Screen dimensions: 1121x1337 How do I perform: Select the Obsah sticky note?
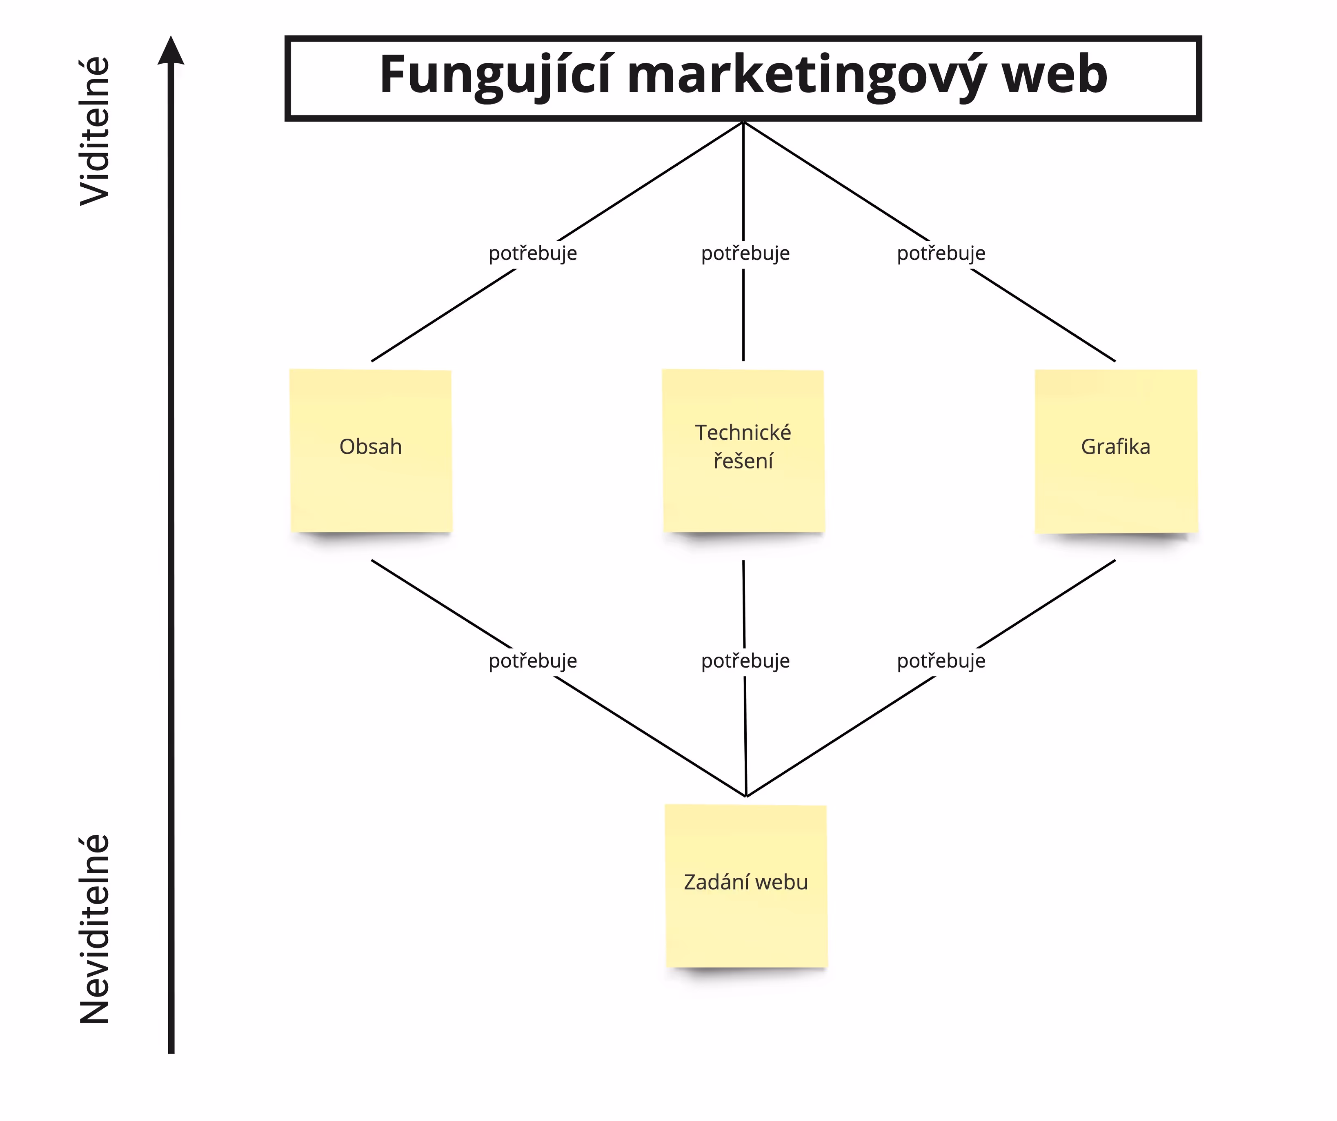[371, 450]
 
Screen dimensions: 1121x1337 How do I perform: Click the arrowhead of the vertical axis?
[171, 51]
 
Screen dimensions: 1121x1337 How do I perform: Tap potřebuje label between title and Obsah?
[533, 253]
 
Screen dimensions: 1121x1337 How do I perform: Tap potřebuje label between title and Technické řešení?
[745, 253]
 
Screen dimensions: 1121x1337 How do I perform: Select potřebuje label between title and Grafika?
[941, 253]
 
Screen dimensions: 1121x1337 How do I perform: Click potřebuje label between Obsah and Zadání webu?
[533, 661]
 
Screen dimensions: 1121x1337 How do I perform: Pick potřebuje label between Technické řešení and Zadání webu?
[745, 661]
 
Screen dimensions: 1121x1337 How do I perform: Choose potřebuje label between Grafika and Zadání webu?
[941, 661]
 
